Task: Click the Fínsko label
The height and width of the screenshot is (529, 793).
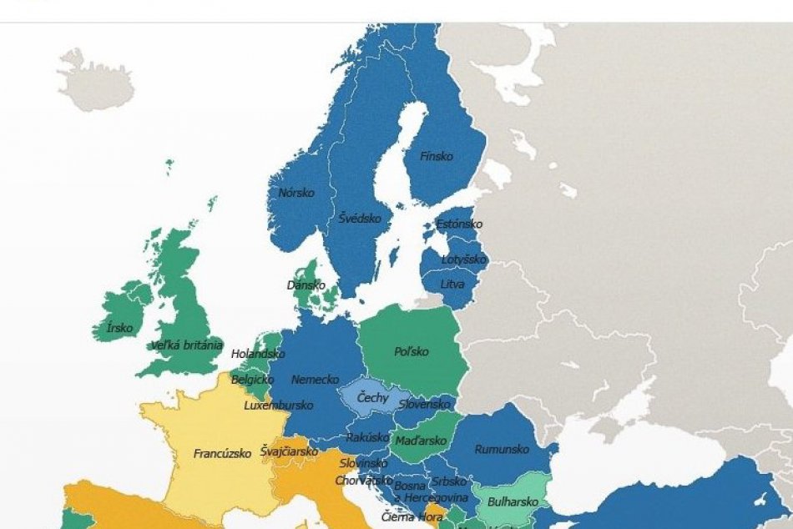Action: click(x=435, y=156)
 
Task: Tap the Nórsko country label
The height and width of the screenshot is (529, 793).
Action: click(x=296, y=193)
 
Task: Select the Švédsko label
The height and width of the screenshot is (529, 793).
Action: click(x=360, y=218)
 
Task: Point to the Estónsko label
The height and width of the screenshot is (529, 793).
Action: click(x=459, y=224)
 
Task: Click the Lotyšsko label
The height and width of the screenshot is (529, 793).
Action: click(x=463, y=259)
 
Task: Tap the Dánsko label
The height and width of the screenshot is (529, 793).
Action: click(x=306, y=285)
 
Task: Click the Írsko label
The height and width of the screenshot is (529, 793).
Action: click(x=119, y=328)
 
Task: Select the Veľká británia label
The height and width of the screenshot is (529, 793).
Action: click(x=186, y=345)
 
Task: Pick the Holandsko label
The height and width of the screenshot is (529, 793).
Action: click(x=258, y=354)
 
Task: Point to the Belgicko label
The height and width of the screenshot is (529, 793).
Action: click(x=252, y=379)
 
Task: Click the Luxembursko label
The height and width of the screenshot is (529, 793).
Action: click(x=278, y=406)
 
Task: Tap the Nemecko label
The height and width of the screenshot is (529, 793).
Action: click(x=315, y=379)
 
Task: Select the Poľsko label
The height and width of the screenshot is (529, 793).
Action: click(x=411, y=351)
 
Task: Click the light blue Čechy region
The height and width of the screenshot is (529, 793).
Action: click(x=372, y=397)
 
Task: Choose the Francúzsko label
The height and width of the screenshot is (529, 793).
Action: click(x=222, y=455)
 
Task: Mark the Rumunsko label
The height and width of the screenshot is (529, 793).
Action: click(x=502, y=449)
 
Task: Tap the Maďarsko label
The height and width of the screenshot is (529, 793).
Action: click(x=414, y=440)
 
